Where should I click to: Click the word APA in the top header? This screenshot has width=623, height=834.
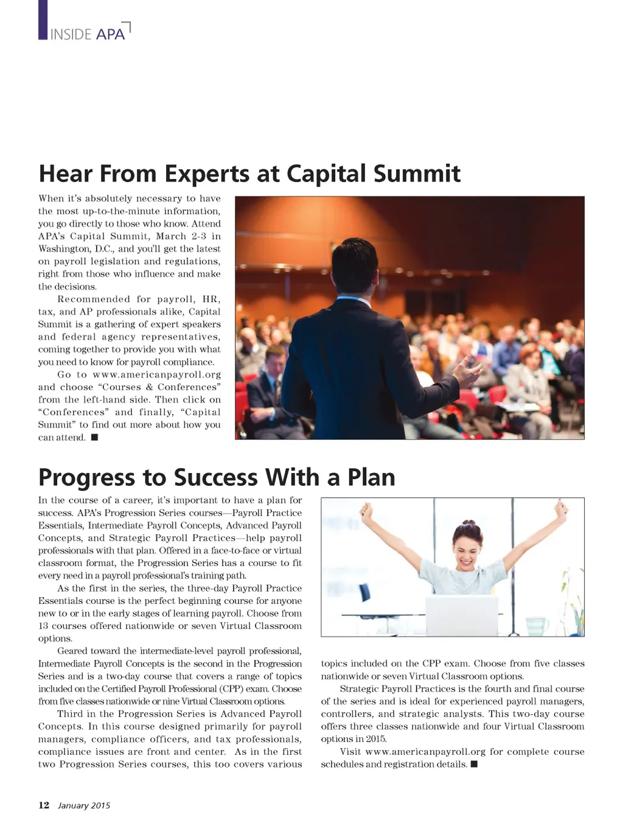point(110,34)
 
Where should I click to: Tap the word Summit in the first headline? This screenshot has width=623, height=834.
point(417,173)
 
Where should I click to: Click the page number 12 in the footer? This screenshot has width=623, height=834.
point(44,805)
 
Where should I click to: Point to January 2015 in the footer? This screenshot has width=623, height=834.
point(84,805)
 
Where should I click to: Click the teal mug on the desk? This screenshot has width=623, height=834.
point(536,626)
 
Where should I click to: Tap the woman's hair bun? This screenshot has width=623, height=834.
point(468,523)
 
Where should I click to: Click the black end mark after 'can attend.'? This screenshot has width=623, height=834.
point(94,437)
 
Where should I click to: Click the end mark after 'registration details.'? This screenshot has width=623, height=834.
point(474,764)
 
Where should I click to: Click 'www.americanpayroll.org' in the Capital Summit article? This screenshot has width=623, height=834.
point(156,374)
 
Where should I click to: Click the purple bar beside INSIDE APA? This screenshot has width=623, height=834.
point(43,19)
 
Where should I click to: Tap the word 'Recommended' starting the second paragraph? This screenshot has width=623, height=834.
point(94,299)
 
